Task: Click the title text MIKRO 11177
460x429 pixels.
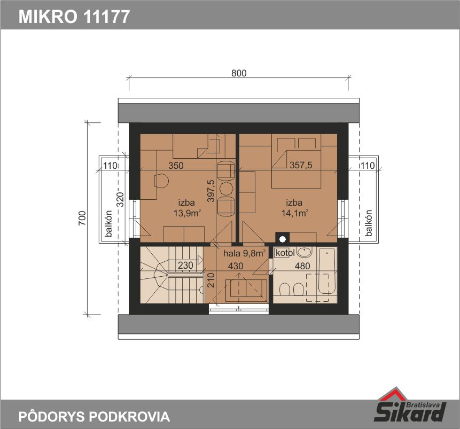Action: [74, 17]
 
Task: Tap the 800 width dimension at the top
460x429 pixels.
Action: [239, 73]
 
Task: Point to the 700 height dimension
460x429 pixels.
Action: [82, 218]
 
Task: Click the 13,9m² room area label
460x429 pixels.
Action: [187, 213]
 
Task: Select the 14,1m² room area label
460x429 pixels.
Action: [295, 213]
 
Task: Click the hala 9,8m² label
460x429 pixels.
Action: [245, 253]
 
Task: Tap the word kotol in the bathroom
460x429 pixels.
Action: [285, 253]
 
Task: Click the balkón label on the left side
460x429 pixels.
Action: [108, 223]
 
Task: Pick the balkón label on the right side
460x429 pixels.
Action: [369, 223]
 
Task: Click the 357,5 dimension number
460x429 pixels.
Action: [301, 165]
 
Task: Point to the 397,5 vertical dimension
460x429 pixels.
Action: [211, 191]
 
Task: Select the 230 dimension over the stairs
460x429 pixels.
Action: [185, 266]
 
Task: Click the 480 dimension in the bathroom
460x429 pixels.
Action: [302, 266]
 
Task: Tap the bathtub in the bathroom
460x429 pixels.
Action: [326, 271]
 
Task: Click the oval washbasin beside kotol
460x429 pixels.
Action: [304, 252]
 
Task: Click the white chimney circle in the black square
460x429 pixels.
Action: [282, 239]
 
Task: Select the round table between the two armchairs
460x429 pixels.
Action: [226, 189]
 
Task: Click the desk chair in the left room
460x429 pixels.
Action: [161, 181]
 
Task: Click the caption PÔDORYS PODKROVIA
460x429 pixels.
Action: [94, 416]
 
